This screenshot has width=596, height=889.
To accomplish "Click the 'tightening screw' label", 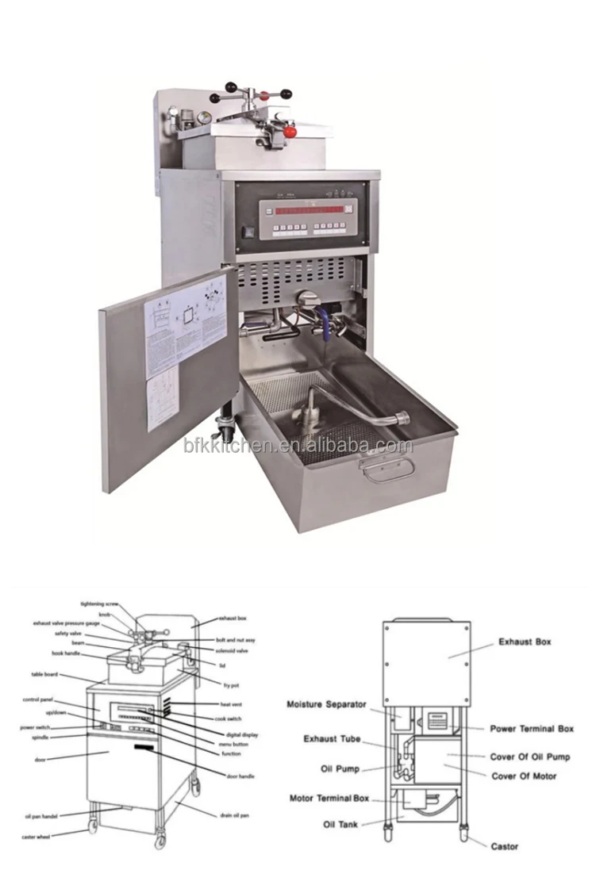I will click(x=99, y=604).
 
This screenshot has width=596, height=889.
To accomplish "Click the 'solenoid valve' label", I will click(x=232, y=651).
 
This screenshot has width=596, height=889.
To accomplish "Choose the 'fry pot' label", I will click(x=232, y=683).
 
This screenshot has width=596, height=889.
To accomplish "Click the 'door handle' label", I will click(x=241, y=776).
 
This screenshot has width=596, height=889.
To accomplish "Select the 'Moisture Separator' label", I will click(x=326, y=704).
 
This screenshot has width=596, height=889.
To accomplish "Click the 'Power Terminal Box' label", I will click(x=532, y=729).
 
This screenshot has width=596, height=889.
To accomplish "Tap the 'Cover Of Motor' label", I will click(x=525, y=776).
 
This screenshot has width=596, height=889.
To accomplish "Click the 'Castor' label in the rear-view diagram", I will click(x=504, y=847).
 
